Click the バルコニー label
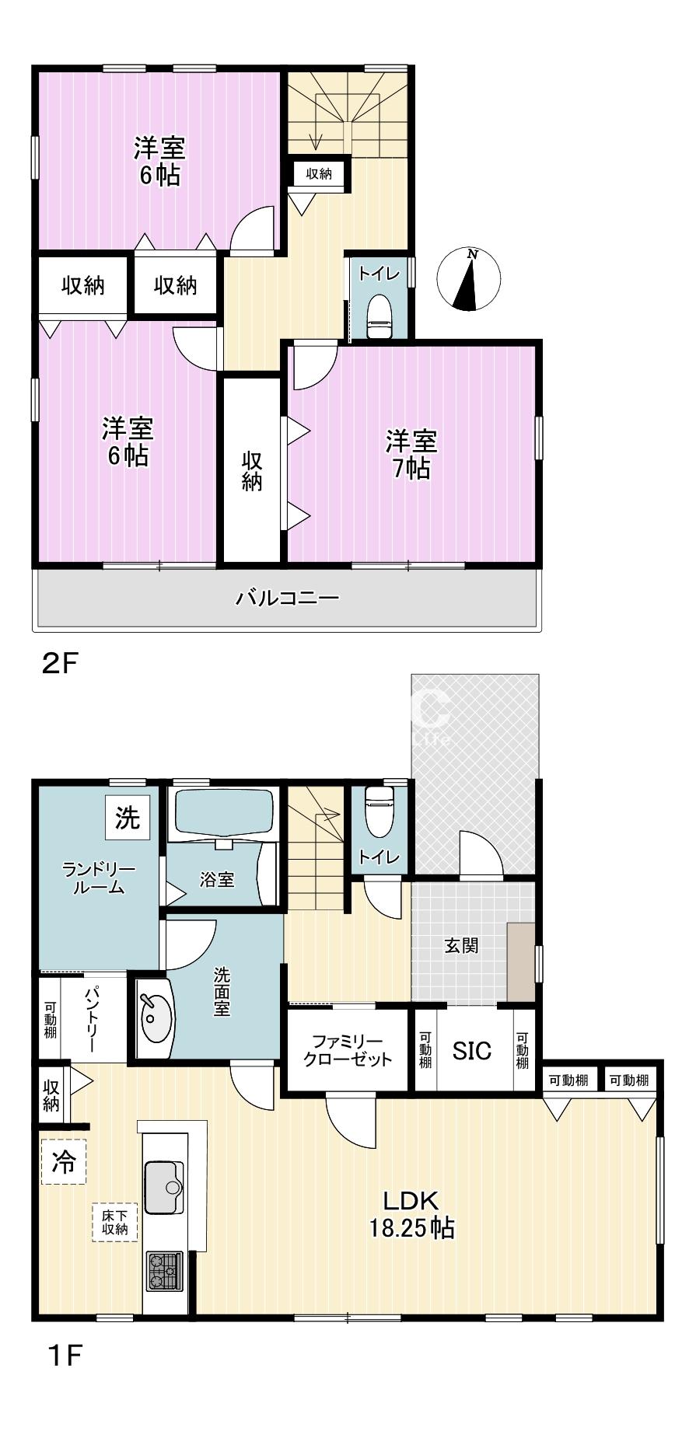[x=288, y=597]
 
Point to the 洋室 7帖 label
[x=411, y=455]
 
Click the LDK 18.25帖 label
[x=411, y=1213]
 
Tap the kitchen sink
[x=164, y=1187]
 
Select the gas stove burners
[x=164, y=1272]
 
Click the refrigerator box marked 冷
[x=64, y=1162]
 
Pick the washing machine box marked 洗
[x=128, y=818]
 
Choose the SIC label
[x=472, y=1051]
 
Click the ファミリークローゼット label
[x=348, y=1049]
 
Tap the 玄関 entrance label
[x=461, y=945]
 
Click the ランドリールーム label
[x=99, y=878]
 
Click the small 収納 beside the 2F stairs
[x=319, y=174]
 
